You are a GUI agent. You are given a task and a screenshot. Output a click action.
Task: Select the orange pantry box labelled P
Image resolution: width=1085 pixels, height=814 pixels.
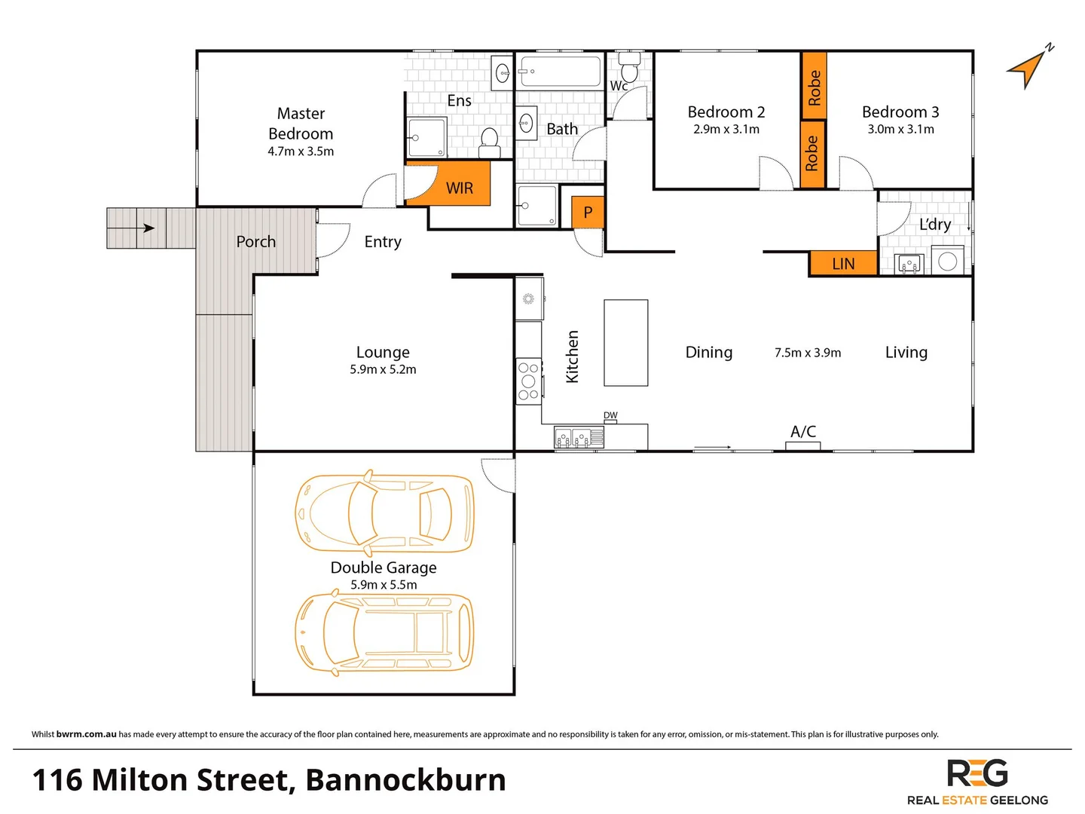588,213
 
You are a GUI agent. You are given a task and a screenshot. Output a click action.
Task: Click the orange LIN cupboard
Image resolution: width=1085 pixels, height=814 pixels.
843,263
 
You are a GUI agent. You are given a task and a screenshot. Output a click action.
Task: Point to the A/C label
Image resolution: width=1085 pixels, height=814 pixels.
803,432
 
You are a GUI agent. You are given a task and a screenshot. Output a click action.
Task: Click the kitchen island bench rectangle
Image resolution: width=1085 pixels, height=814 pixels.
625,343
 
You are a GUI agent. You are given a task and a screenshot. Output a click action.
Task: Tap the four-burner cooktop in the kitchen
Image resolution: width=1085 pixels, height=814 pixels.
528,381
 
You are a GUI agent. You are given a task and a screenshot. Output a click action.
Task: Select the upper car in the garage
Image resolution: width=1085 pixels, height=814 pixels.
384,512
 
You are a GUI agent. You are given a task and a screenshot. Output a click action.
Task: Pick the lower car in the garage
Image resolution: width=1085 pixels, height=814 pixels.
384,632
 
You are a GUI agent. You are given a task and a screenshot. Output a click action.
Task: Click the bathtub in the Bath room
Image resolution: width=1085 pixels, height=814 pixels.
559,72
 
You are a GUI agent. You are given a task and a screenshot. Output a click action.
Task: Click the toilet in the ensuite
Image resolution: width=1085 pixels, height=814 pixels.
489,141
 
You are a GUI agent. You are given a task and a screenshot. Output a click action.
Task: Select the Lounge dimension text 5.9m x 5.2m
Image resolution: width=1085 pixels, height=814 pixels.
383,369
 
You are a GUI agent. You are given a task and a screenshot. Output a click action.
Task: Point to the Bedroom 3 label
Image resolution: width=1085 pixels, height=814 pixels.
900,112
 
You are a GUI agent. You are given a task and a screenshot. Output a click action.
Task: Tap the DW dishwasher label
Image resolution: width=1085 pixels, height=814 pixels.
610,416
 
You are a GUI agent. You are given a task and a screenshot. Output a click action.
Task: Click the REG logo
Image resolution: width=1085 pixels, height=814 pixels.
977,774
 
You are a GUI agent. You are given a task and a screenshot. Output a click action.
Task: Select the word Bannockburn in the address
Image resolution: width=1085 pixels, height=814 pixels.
405,780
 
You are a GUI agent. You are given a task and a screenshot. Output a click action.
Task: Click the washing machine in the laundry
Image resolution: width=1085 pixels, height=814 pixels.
947,261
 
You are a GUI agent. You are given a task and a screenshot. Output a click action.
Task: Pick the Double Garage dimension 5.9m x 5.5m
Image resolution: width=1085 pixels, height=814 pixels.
384,585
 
